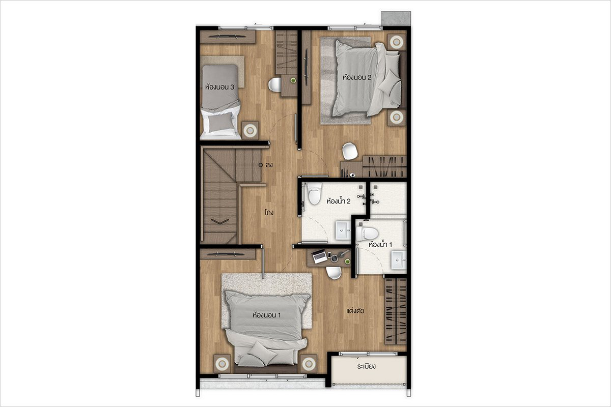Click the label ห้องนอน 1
tap(266, 315)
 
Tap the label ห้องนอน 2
tap(357, 77)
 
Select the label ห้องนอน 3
tap(219, 87)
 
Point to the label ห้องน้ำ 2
tap(339, 201)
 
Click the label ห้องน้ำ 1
tap(380, 245)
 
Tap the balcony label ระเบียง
tap(366, 366)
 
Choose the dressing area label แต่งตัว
tap(355, 311)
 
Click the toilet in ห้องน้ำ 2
tap(314, 194)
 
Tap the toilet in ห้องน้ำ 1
tap(367, 234)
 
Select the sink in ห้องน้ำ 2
tap(343, 230)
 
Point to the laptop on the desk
tap(319, 256)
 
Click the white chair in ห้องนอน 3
tap(274, 84)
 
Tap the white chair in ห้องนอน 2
tap(350, 151)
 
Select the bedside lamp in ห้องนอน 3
tap(250, 130)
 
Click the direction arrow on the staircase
tap(219, 221)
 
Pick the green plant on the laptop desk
tap(347, 261)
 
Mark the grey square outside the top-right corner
tap(396, 18)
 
